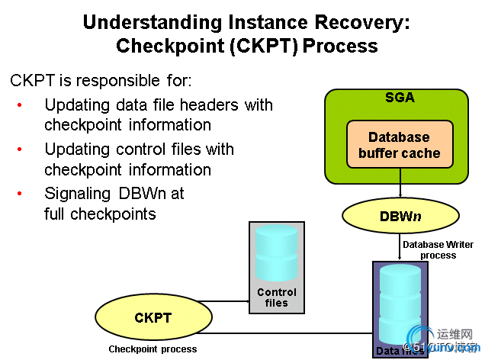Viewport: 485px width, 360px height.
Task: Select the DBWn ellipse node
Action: [400, 217]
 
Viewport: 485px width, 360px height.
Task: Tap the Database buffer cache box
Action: [400, 145]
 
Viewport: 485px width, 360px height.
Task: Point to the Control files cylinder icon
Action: [277, 254]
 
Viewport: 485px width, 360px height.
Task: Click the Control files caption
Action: [277, 297]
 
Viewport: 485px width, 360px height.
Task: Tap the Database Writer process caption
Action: [438, 249]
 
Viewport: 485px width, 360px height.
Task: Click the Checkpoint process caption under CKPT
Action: [153, 349]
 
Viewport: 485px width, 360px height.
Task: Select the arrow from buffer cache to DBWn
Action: [400, 185]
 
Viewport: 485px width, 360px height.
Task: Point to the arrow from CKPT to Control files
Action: [229, 301]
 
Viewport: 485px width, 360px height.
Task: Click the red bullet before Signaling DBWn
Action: [20, 194]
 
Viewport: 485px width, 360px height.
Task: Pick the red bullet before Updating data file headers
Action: [20, 105]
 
